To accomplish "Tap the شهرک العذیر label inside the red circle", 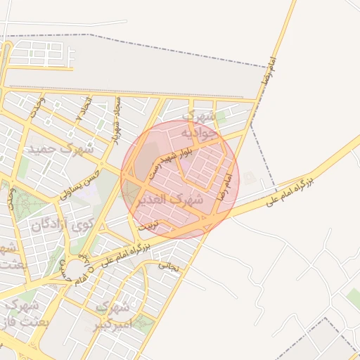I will coord(178,199).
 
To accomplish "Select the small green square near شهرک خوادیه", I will coord(221,116).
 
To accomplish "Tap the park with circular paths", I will coord(26,205).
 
